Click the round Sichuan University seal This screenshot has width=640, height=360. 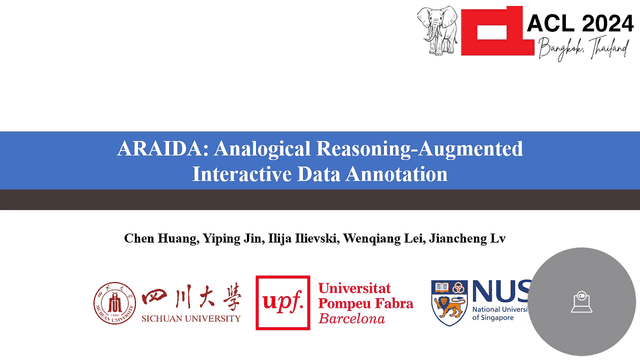tap(114, 303)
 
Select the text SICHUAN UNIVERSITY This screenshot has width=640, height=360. tap(192, 318)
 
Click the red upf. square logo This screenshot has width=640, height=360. tap(282, 302)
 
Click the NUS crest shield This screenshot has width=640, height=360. tap(449, 302)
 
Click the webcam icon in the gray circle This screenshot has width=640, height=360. tap(581, 302)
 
